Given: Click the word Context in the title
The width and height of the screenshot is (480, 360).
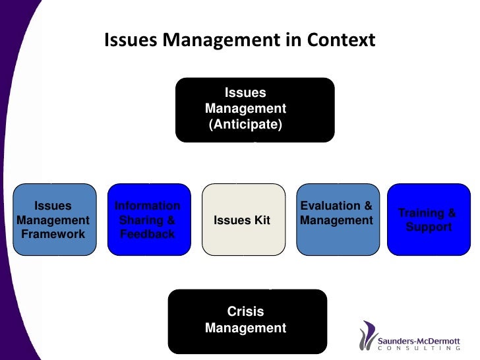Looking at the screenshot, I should click(x=340, y=40).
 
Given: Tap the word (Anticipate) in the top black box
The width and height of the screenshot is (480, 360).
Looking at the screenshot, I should click(x=245, y=123).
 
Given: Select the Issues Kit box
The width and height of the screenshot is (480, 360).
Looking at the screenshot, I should click(x=242, y=220).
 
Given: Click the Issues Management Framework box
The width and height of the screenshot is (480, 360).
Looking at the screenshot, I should click(x=54, y=220).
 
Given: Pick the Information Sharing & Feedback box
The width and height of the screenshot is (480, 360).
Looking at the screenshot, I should click(x=148, y=220).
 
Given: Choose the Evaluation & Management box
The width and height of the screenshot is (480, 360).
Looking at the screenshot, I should click(x=336, y=220).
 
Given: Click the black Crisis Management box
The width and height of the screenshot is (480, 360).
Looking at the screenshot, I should click(x=247, y=321).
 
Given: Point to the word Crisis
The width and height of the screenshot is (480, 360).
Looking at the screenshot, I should click(x=245, y=312).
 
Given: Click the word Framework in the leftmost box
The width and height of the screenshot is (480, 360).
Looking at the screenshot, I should click(x=53, y=234).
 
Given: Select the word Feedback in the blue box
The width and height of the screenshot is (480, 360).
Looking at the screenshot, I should click(x=148, y=234).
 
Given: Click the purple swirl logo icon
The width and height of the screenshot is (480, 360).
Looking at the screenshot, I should click(x=368, y=336).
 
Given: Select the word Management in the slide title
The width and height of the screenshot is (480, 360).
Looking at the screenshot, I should click(x=224, y=40).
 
